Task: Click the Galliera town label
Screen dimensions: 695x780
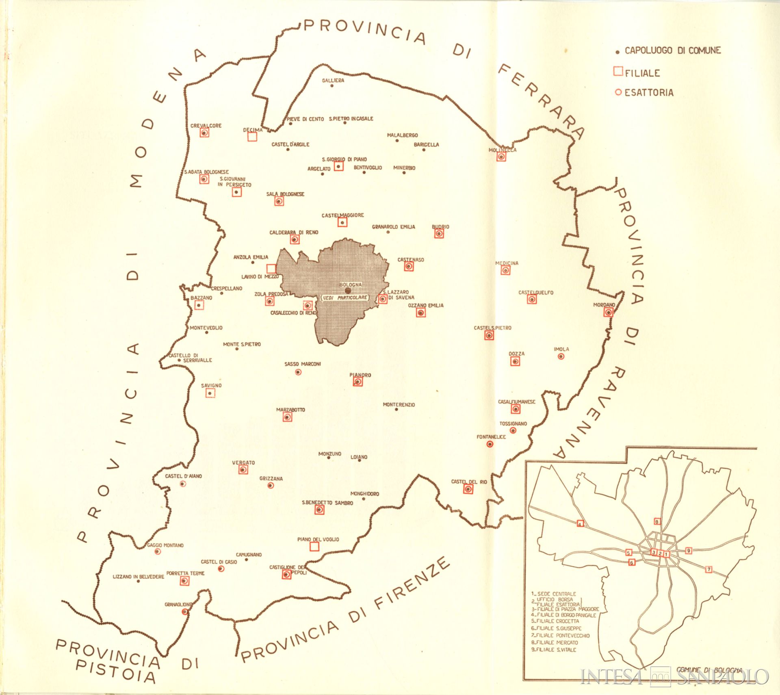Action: coord(333,80)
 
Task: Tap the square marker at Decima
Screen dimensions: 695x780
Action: coord(252,137)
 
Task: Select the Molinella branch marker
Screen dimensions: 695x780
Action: coord(501,156)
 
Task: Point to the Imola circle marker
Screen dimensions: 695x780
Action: coord(561,356)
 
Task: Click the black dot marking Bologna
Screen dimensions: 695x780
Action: coord(348,291)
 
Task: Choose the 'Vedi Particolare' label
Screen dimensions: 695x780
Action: coord(345,298)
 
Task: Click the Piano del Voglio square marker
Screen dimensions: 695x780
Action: coord(314,547)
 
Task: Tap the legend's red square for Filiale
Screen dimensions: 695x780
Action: coord(618,72)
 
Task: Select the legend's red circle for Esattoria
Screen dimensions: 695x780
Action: coord(618,92)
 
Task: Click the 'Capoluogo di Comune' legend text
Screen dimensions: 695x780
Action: coord(672,51)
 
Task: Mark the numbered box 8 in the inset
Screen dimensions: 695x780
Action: coord(657,521)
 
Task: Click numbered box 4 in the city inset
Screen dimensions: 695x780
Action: coord(580,523)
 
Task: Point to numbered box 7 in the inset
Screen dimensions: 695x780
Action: coord(709,569)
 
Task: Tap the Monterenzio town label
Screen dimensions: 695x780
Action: coord(399,405)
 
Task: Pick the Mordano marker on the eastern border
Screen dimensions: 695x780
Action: coord(608,312)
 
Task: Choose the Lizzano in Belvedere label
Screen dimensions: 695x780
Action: coord(138,577)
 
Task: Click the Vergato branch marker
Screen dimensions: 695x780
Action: coord(243,469)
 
